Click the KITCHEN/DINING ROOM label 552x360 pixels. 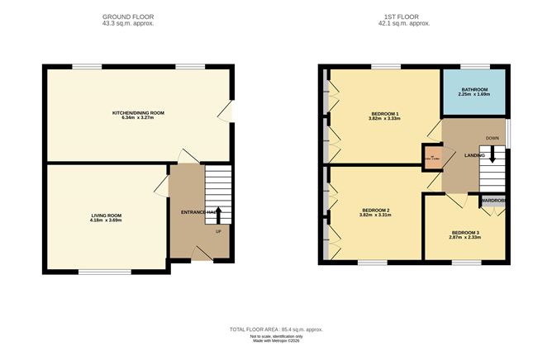click(x=139, y=112)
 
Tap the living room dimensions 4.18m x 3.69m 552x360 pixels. click(x=106, y=220)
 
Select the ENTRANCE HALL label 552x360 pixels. click(x=193, y=213)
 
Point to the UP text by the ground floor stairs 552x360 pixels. click(x=218, y=231)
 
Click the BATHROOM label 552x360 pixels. click(x=474, y=89)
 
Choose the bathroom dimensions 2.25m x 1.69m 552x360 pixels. click(x=474, y=95)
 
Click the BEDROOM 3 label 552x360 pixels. click(x=464, y=233)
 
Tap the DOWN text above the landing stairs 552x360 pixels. click(x=493, y=138)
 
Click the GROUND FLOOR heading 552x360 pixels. click(x=128, y=17)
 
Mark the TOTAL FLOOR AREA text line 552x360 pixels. click(x=276, y=329)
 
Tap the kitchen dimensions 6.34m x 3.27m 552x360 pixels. click(x=139, y=118)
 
